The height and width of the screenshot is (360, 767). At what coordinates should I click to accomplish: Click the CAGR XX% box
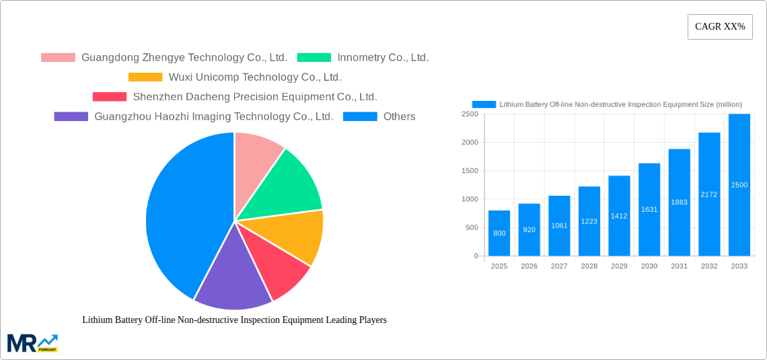pos(719,27)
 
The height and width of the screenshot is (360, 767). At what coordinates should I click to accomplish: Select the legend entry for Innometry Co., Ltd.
pos(363,58)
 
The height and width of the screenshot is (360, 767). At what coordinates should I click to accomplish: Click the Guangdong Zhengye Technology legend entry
pos(164,58)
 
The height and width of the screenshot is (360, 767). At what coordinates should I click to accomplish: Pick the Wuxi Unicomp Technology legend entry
pos(235,77)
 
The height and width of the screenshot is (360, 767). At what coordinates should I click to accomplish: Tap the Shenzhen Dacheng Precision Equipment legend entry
pos(235,97)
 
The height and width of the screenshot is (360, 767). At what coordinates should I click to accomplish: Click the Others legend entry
pos(379,116)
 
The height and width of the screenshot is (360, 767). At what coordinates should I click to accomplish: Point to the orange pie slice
pos(293,235)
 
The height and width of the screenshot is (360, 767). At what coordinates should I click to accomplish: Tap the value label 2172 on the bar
pos(709,194)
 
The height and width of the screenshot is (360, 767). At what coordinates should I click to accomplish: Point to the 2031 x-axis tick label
pos(679,266)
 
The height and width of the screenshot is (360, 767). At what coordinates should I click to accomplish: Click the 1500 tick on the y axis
pos(469,171)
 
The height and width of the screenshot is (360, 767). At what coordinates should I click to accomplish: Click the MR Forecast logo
pos(32,343)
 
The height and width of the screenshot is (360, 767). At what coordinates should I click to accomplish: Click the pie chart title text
pos(234,320)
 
